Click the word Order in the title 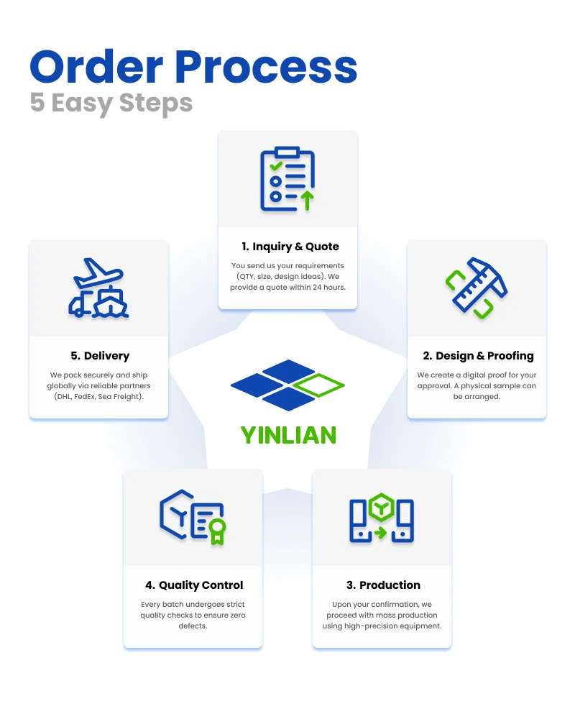pyautogui.click(x=96, y=67)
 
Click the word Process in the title pyautogui.click(x=266, y=67)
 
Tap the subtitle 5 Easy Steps pyautogui.click(x=111, y=104)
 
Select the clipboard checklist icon pyautogui.click(x=287, y=179)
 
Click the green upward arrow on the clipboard pyautogui.click(x=307, y=201)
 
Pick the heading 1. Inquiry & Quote pyautogui.click(x=290, y=246)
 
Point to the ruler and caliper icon pyautogui.click(x=477, y=288)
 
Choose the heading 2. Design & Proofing pyautogui.click(x=478, y=356)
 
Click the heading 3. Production pyautogui.click(x=383, y=585)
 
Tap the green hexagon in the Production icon pyautogui.click(x=382, y=507)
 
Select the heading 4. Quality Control pyautogui.click(x=194, y=585)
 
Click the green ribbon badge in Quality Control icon pyautogui.click(x=217, y=532)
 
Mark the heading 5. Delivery pyautogui.click(x=100, y=356)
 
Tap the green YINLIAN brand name pyautogui.click(x=288, y=435)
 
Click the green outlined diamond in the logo pyautogui.click(x=319, y=385)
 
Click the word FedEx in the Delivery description pyautogui.click(x=84, y=397)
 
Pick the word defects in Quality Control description pyautogui.click(x=193, y=626)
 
